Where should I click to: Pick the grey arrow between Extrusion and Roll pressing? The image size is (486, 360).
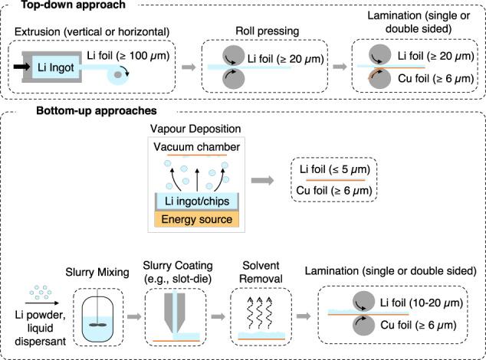pos(186,68)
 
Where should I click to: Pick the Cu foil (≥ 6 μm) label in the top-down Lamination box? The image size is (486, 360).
pos(434,80)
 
